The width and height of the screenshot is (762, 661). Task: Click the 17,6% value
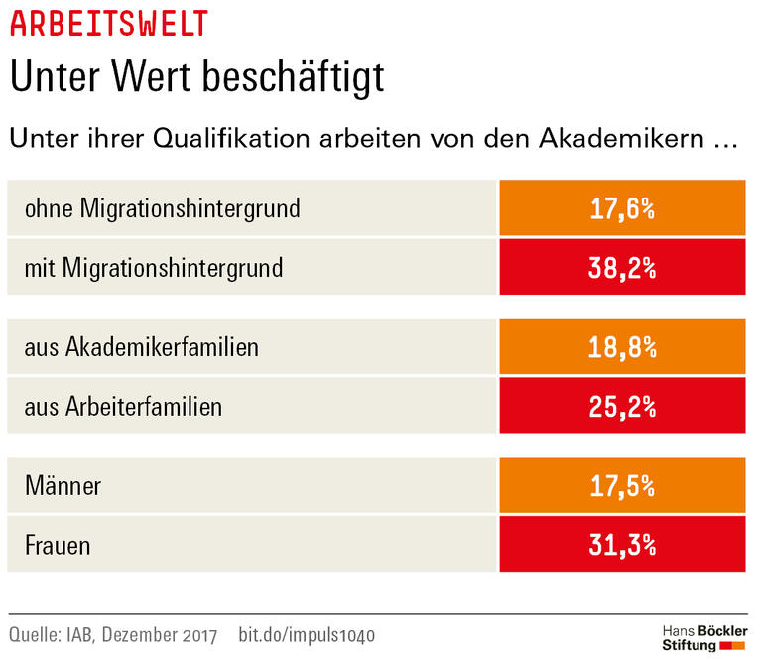(x=621, y=209)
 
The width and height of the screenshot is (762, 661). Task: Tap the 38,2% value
(x=621, y=268)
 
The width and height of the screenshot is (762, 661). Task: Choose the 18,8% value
(x=621, y=348)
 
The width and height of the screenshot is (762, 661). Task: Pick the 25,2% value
(x=621, y=407)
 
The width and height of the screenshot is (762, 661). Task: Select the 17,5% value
(x=621, y=487)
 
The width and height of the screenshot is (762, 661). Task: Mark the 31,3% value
(x=621, y=546)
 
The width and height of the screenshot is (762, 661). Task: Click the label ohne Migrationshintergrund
(x=162, y=209)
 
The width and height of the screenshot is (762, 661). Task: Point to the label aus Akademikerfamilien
(x=142, y=348)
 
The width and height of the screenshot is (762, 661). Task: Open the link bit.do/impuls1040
(x=308, y=635)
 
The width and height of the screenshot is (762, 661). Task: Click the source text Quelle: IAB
(x=51, y=635)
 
